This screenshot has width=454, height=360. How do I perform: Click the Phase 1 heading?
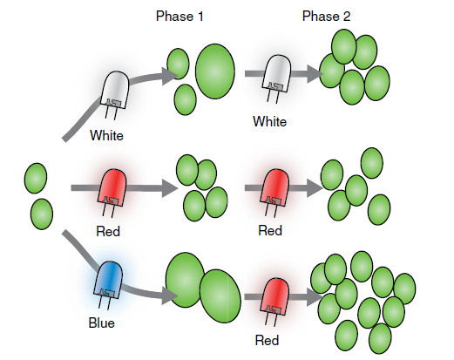pos(180,17)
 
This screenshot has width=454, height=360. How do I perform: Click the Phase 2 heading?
pos(326,17)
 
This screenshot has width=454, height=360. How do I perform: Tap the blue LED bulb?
pos(108,281)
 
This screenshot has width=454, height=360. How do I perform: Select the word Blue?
pos(102,323)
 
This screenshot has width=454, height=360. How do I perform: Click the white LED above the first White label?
pos(115,90)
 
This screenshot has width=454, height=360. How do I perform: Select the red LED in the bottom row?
pos(274,296)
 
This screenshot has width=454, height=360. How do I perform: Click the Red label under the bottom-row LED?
pos(267,340)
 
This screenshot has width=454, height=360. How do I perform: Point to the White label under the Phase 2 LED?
pos(269,121)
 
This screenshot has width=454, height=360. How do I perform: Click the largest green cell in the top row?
pos(215,71)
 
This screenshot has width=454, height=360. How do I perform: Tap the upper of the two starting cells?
pos(36,178)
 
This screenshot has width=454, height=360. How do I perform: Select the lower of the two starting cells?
pos(42,214)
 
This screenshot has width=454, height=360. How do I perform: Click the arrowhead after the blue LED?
pos(170,295)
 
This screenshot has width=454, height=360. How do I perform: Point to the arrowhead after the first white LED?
pos(170,76)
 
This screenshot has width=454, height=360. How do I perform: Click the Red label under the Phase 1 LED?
pos(108,231)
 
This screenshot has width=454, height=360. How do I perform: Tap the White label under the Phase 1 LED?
pos(106,135)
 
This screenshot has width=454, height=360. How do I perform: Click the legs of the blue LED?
pos(105,302)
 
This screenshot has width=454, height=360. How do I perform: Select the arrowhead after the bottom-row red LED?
pos(315,296)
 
